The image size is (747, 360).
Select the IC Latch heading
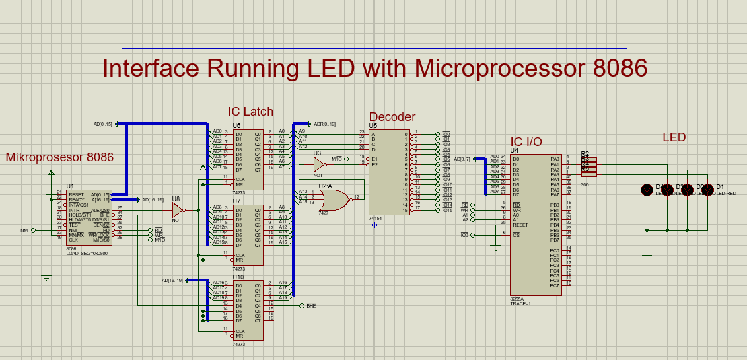tap(250, 111)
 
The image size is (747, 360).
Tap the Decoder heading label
tap(392, 117)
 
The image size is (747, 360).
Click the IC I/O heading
tap(526, 141)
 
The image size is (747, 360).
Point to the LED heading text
tap(674, 137)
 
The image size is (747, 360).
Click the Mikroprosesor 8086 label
tap(59, 157)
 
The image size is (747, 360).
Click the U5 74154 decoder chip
tap(390, 172)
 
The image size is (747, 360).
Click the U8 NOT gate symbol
tap(177, 210)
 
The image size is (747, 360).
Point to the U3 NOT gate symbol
tap(319, 164)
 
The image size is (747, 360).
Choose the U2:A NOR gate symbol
tap(334, 198)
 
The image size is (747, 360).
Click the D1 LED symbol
tap(707, 190)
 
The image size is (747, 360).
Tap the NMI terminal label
tap(25, 230)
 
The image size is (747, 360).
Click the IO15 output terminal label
tap(446, 211)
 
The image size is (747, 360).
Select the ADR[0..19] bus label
tap(324, 124)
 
